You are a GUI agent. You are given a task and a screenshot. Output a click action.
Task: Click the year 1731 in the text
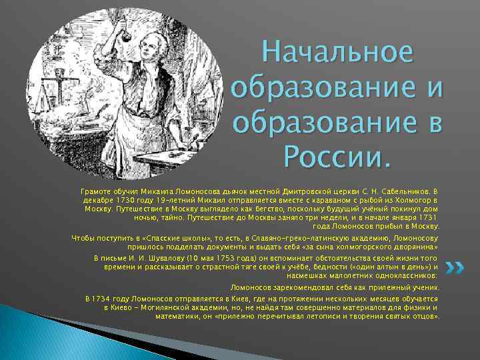(x=424, y=217)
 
